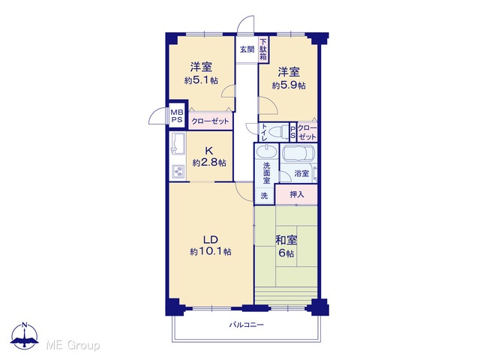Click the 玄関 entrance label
[247, 49]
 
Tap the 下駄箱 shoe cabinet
[263, 50]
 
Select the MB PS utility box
[177, 115]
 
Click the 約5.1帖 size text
[201, 80]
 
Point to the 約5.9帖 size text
[289, 85]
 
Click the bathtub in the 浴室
[298, 153]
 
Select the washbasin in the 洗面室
[267, 151]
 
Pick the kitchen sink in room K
[178, 143]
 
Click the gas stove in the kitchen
[178, 172]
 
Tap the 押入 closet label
[297, 194]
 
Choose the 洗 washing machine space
[265, 195]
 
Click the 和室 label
[286, 240]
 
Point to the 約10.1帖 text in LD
[211, 252]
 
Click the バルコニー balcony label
[247, 325]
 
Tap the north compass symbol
[25, 335]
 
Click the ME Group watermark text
[73, 345]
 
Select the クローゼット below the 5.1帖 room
[210, 121]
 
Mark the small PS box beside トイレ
[292, 132]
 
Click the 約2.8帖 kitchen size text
[209, 163]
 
